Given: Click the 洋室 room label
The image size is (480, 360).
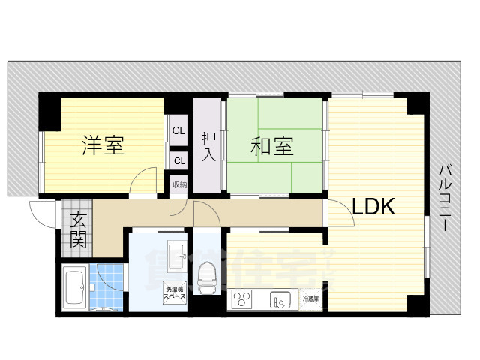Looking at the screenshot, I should click(x=103, y=145).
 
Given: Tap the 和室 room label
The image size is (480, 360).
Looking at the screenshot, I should click(x=271, y=146).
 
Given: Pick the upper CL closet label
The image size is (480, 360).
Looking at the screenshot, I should click(x=178, y=131).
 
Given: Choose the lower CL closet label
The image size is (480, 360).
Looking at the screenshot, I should click(x=178, y=160).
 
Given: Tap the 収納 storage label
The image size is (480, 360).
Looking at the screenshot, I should click(x=179, y=184).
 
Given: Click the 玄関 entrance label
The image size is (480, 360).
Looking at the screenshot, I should click(x=78, y=230).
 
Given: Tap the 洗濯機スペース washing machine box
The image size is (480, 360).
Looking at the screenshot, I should click(x=175, y=292).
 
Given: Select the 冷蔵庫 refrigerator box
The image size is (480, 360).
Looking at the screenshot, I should click(x=311, y=299).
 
